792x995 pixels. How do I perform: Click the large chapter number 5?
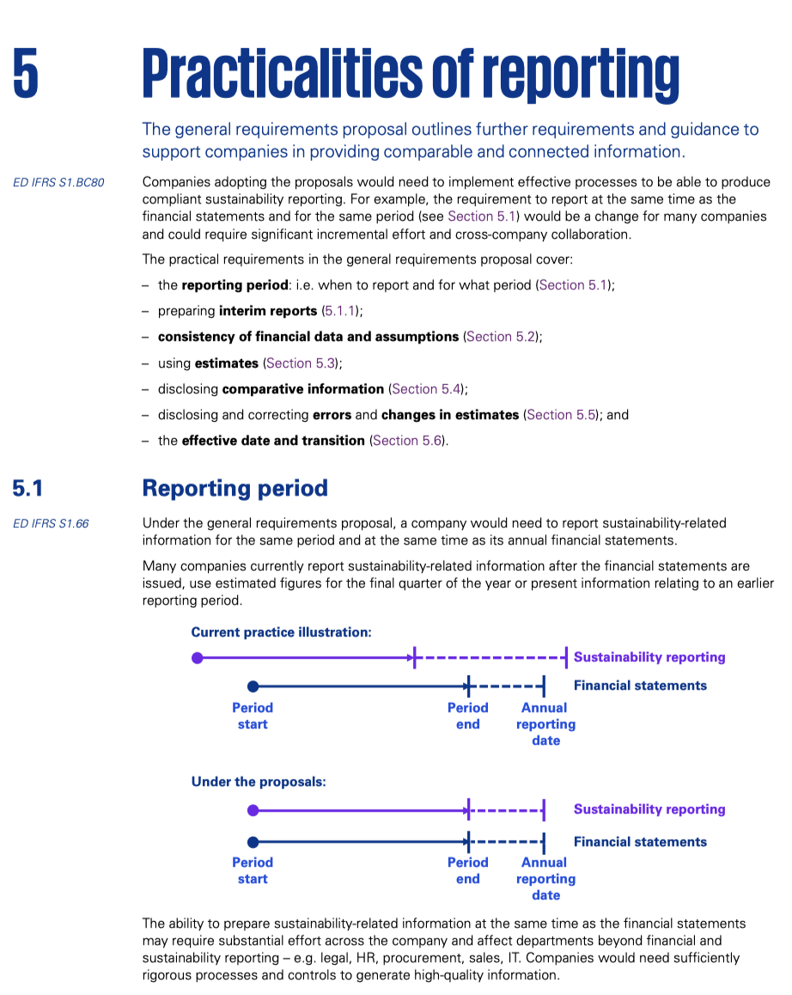[26, 72]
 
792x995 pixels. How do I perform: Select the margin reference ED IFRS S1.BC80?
[58, 182]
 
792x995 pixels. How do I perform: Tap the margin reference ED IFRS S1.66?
[51, 523]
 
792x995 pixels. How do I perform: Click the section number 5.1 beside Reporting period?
[27, 488]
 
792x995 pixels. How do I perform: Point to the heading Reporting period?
[235, 488]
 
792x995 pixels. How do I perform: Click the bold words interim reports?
[268, 311]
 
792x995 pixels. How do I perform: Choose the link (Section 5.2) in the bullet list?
[503, 337]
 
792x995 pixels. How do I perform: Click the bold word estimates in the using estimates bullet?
[227, 363]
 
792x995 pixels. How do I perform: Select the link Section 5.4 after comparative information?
[427, 388]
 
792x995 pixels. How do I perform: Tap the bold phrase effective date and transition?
[273, 440]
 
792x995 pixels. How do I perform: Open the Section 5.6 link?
[407, 440]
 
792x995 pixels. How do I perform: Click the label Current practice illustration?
[281, 632]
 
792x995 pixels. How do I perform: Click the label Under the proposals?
[259, 782]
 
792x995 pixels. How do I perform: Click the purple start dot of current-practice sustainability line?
[198, 658]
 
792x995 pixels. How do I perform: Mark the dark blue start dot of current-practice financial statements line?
[253, 687]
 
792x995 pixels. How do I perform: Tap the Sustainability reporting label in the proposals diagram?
[649, 809]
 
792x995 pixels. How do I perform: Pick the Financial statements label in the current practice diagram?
[640, 686]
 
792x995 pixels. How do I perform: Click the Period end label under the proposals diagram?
[467, 870]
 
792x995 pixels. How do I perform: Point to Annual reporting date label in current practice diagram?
[545, 723]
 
